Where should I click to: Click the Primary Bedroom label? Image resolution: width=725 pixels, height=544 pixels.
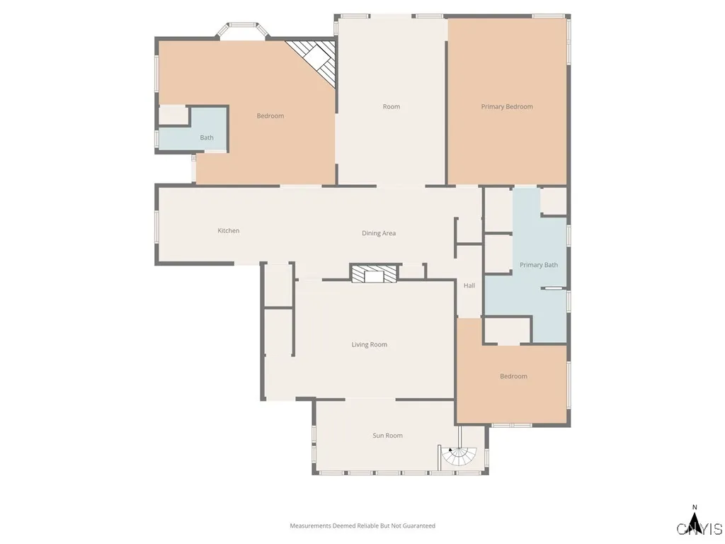click(507, 107)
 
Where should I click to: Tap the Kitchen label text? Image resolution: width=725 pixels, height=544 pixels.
click(228, 231)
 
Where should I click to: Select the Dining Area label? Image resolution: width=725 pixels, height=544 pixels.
click(379, 233)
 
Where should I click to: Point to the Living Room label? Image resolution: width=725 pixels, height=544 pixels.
click(369, 345)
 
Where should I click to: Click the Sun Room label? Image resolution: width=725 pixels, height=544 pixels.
click(387, 436)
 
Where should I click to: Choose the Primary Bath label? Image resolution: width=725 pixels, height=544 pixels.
click(539, 265)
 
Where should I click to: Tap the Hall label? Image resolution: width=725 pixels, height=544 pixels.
click(469, 286)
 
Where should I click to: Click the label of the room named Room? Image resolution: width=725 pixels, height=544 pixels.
click(391, 107)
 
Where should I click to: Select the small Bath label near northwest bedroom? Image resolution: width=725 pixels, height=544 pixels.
click(206, 137)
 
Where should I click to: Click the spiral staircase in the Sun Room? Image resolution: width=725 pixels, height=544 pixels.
click(459, 458)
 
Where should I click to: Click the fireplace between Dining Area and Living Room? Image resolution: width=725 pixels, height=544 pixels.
click(375, 274)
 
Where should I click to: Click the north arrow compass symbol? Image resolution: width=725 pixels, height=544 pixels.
click(695, 523)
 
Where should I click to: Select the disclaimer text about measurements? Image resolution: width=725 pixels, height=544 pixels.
click(362, 526)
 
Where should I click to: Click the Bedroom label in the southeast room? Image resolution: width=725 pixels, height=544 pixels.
click(513, 377)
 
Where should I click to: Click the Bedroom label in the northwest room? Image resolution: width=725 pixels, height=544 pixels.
click(270, 116)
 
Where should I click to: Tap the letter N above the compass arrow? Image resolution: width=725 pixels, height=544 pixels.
click(695, 507)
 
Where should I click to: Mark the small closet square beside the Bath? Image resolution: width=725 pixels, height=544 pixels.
click(173, 115)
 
